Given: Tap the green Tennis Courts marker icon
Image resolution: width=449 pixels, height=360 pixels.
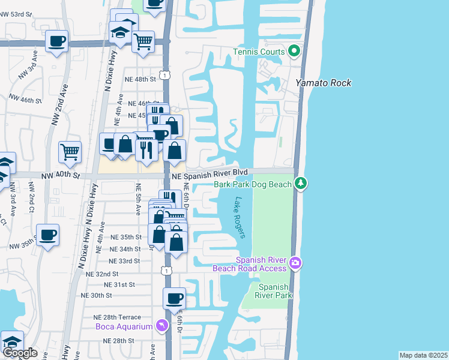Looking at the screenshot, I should tap(294, 52).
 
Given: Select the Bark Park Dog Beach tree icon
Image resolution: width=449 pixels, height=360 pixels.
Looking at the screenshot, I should tap(301, 184).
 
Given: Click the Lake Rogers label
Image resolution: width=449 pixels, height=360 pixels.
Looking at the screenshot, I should tap(241, 218).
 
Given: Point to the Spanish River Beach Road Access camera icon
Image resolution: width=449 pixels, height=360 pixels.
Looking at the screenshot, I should tap(295, 263).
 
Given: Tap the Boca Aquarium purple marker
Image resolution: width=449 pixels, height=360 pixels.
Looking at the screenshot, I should tap(161, 326).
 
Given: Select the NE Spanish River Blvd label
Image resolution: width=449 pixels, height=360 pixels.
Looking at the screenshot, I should tap(209, 172).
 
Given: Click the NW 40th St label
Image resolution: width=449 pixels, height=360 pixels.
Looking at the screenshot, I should tap(59, 175).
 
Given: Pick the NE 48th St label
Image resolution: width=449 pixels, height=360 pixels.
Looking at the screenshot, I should tap(140, 79).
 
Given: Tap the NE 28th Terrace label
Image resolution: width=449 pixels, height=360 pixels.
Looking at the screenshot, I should tap(117, 317).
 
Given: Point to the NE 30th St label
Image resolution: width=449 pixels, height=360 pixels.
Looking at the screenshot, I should tap(97, 295).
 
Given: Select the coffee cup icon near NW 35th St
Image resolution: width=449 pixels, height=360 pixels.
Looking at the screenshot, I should tap(47, 234).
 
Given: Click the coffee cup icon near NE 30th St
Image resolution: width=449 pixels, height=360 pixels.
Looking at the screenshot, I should tap(175, 298).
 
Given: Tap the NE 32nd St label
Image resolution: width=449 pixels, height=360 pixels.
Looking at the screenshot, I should tap(103, 273).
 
